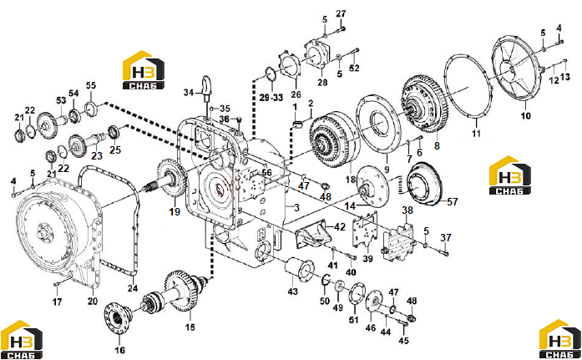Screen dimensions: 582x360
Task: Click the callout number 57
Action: point(453,202)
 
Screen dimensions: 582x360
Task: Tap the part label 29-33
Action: point(271,98)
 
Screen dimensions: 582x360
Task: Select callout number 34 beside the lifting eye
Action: point(189,93)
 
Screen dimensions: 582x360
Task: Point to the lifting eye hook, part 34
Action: point(207,88)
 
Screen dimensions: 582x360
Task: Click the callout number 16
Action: point(120,350)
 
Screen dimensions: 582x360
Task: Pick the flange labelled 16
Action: point(118,318)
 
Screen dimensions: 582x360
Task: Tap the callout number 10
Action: point(525,116)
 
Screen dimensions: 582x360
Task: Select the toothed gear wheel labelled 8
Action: point(425,104)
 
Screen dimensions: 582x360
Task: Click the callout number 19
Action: point(175,212)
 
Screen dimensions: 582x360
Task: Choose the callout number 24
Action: point(133,288)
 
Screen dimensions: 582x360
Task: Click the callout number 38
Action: point(407,210)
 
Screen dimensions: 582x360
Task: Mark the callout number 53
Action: point(61,100)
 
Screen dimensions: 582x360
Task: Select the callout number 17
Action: point(57,302)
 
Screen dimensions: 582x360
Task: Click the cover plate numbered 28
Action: point(318,53)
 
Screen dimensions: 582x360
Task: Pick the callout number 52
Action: point(355,68)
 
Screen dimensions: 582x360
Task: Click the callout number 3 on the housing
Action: point(296,207)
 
